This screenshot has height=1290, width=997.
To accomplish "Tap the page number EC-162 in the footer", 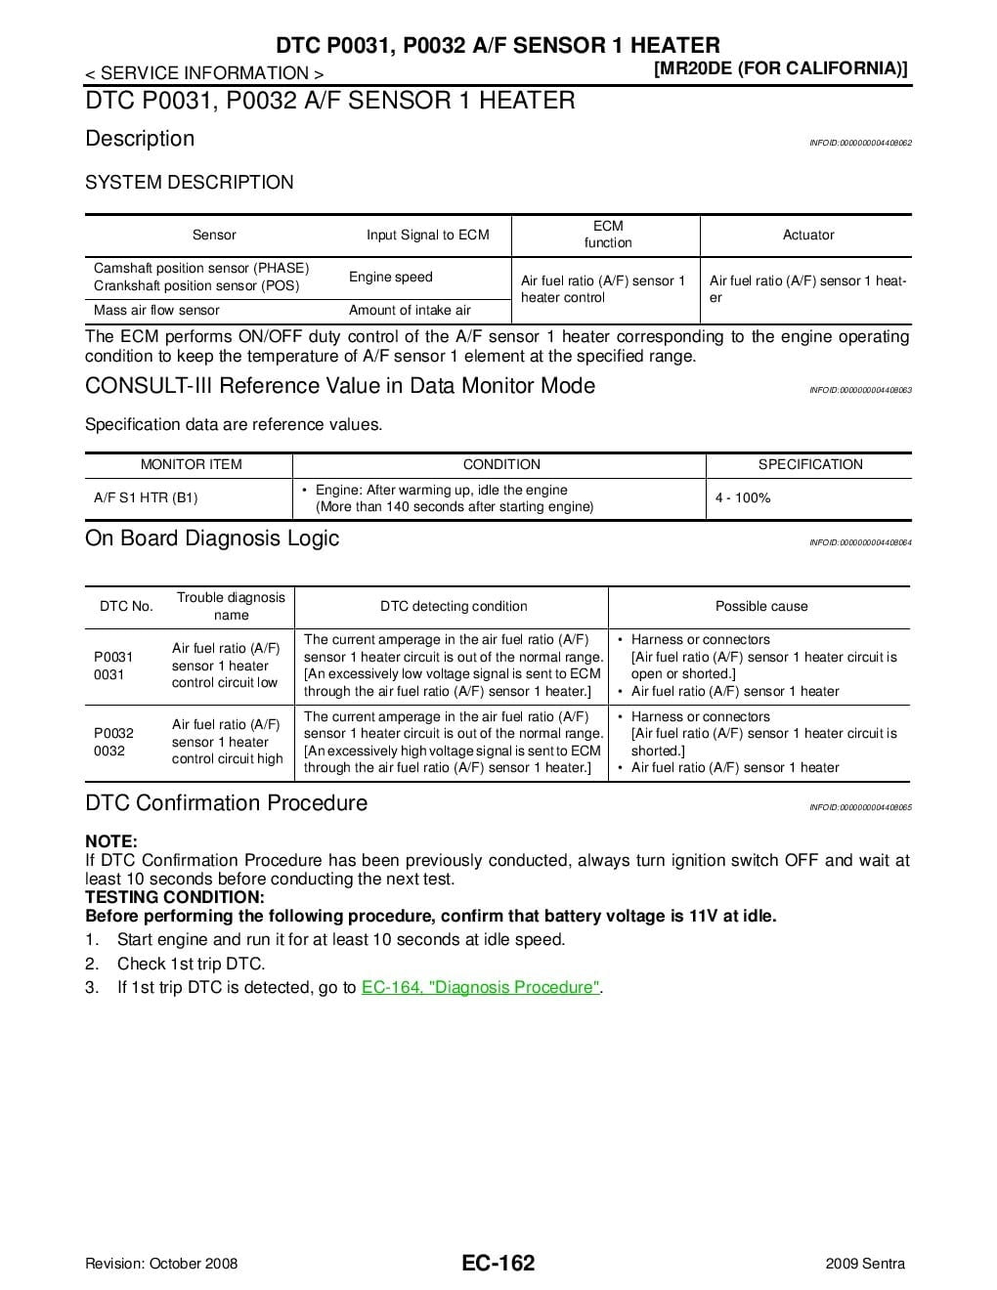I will [498, 1264].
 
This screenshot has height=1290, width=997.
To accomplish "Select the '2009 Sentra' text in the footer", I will [865, 1264].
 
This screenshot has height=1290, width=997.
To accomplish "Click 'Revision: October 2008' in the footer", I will [161, 1264].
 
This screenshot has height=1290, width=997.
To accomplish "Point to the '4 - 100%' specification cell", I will [743, 497].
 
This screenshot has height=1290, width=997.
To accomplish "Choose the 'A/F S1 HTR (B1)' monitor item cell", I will [146, 497].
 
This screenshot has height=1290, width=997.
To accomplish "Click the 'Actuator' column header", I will [808, 235].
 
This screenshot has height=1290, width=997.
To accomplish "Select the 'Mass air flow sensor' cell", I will [156, 310].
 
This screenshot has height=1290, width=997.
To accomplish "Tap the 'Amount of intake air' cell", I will [410, 310].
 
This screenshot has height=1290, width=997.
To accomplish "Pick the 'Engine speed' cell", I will [390, 277].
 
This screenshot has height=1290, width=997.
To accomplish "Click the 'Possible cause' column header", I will [761, 606].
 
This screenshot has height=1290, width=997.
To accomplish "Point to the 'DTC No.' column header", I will [126, 606].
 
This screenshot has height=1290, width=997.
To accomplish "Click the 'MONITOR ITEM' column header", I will [192, 464].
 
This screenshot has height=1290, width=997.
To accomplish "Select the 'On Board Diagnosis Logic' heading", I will [212, 538].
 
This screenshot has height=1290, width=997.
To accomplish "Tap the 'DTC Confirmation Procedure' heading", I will [226, 803].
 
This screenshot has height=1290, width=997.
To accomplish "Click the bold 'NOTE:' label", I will [111, 841].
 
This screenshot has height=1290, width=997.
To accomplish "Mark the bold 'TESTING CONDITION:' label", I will [175, 897].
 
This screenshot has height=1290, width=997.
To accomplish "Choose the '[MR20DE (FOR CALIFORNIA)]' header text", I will [780, 68].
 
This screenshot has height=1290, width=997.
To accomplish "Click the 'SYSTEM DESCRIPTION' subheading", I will [189, 183].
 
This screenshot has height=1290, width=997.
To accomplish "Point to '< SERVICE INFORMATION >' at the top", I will [204, 73].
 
